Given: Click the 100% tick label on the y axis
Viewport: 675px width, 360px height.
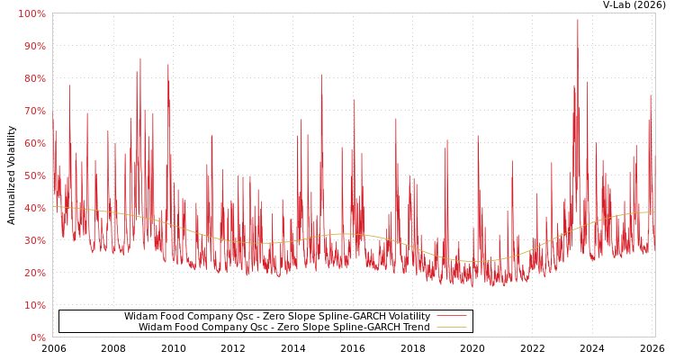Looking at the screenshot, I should [x=31, y=13].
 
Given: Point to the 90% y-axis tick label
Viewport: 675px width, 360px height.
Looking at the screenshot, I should [x=33, y=46].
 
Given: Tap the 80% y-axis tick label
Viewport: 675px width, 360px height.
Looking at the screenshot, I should [x=33, y=78].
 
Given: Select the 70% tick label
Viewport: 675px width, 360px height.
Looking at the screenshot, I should [x=33, y=111].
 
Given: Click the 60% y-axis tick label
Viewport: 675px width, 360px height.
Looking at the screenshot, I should [x=33, y=143].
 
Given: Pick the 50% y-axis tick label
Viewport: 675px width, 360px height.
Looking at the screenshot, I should [x=33, y=175].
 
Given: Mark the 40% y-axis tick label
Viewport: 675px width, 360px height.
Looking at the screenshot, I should [x=33, y=208].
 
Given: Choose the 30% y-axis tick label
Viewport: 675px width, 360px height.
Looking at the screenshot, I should [x=33, y=240].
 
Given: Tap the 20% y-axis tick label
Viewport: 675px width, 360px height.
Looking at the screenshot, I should [x=33, y=273].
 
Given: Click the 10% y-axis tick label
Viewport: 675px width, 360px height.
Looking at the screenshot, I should [x=33, y=305].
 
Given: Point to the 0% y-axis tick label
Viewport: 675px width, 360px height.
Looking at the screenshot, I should [x=37, y=337].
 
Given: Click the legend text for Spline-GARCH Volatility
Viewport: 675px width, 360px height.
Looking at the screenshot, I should [x=276, y=317].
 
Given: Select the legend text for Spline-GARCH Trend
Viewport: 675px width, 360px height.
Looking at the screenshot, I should [x=283, y=328].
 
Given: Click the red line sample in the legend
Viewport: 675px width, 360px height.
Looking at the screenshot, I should [x=451, y=317].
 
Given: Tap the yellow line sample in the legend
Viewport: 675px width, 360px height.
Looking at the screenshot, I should [x=451, y=328].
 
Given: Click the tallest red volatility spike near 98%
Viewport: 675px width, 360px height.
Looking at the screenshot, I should [x=578, y=21].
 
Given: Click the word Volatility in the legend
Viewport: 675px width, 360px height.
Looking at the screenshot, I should [x=406, y=317].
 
